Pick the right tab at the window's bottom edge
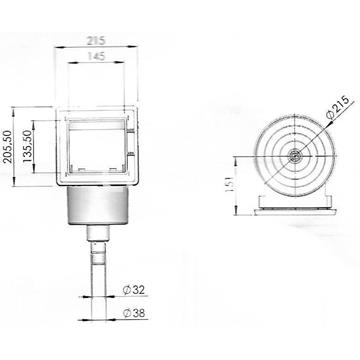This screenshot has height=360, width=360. [112, 171]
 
